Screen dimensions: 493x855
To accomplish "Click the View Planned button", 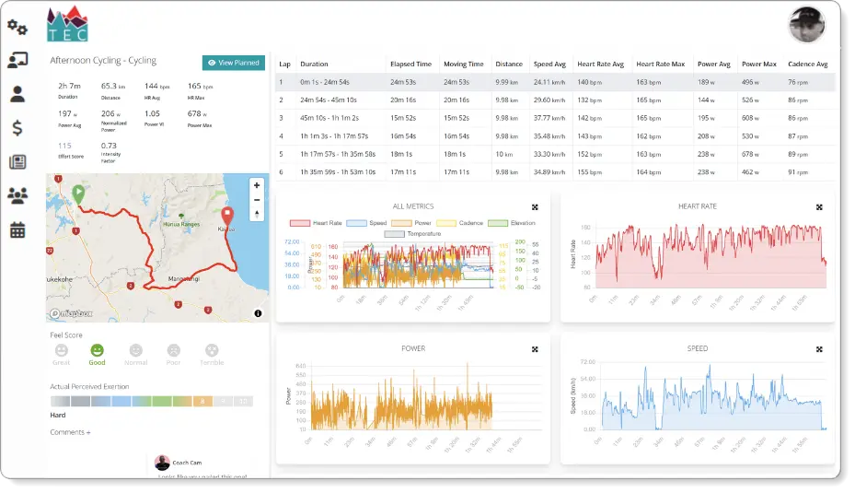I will [x=234, y=63].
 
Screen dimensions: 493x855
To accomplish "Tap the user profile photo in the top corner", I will [x=806, y=25].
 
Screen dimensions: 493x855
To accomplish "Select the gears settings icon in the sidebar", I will [x=17, y=27].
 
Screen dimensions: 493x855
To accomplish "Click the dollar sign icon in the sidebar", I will [x=17, y=127].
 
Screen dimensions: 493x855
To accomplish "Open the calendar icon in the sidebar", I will [x=17, y=229].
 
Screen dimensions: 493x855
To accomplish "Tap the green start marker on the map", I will [x=79, y=194].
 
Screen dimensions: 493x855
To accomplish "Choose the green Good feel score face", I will [x=97, y=351].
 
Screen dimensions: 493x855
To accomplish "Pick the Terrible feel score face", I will [x=212, y=351].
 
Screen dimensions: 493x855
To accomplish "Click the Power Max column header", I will [x=759, y=65].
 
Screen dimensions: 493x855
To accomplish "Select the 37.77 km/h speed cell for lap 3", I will [x=549, y=118].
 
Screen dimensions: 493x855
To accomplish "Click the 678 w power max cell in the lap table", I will [x=754, y=154].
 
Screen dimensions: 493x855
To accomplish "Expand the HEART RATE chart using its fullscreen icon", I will [x=819, y=207].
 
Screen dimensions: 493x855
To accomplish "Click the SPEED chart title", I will [x=697, y=348].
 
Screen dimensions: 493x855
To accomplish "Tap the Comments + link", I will [x=70, y=432].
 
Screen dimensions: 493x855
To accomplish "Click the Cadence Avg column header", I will [x=808, y=65].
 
